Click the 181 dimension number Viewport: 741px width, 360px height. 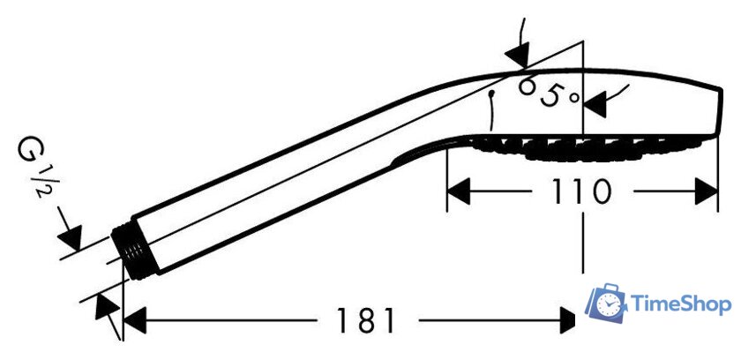click(365, 321)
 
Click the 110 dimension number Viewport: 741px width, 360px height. click(581, 191)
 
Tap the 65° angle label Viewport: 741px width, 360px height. click(548, 92)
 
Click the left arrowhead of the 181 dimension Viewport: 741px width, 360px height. click(134, 321)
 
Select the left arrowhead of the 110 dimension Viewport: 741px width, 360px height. click(458, 191)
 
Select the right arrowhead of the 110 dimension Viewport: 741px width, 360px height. click(707, 191)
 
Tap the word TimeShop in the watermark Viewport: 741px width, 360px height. click(681, 304)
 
